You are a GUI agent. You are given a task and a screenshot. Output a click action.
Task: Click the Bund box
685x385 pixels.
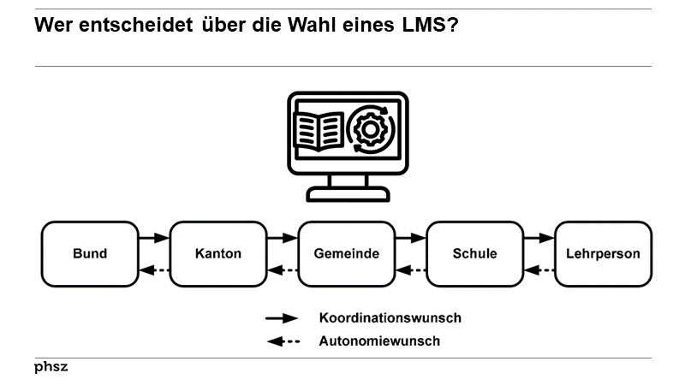[x=90, y=254]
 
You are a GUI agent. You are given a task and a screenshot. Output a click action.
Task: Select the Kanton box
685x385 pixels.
[x=217, y=254]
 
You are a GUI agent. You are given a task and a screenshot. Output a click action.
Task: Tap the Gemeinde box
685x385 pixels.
[x=346, y=254]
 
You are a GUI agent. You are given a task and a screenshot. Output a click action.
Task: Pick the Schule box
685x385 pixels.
[x=474, y=254]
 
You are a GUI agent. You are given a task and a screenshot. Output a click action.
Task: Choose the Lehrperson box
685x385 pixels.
[x=603, y=254]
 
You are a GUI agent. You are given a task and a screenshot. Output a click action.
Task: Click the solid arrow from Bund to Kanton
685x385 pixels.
[x=154, y=238]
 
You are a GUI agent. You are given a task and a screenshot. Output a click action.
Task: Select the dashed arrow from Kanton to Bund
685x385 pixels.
[x=154, y=271]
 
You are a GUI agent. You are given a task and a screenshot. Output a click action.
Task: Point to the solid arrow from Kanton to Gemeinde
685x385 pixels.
[x=282, y=238]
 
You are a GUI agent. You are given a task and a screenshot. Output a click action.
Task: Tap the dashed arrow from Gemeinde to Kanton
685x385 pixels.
[x=282, y=271]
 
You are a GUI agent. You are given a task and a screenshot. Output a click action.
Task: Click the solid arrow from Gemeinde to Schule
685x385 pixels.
[x=410, y=238]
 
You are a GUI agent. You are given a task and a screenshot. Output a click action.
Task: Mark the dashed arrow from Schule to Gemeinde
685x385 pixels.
[x=410, y=271]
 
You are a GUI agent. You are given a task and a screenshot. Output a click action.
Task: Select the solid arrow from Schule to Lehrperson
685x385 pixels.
[x=539, y=238]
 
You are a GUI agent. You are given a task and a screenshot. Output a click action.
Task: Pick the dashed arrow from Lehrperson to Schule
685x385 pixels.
[x=539, y=271]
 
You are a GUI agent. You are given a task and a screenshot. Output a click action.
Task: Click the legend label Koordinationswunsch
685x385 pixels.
[x=390, y=318]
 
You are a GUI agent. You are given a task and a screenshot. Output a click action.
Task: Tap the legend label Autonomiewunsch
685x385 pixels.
[x=378, y=341]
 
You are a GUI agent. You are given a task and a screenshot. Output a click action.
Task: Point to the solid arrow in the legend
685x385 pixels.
[x=282, y=318]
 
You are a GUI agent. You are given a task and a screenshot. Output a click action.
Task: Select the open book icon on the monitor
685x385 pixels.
[x=318, y=132]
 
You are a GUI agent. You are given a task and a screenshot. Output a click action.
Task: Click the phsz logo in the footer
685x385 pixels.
[x=51, y=367]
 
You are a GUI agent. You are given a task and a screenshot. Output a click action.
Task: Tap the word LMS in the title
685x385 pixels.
[x=421, y=26]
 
